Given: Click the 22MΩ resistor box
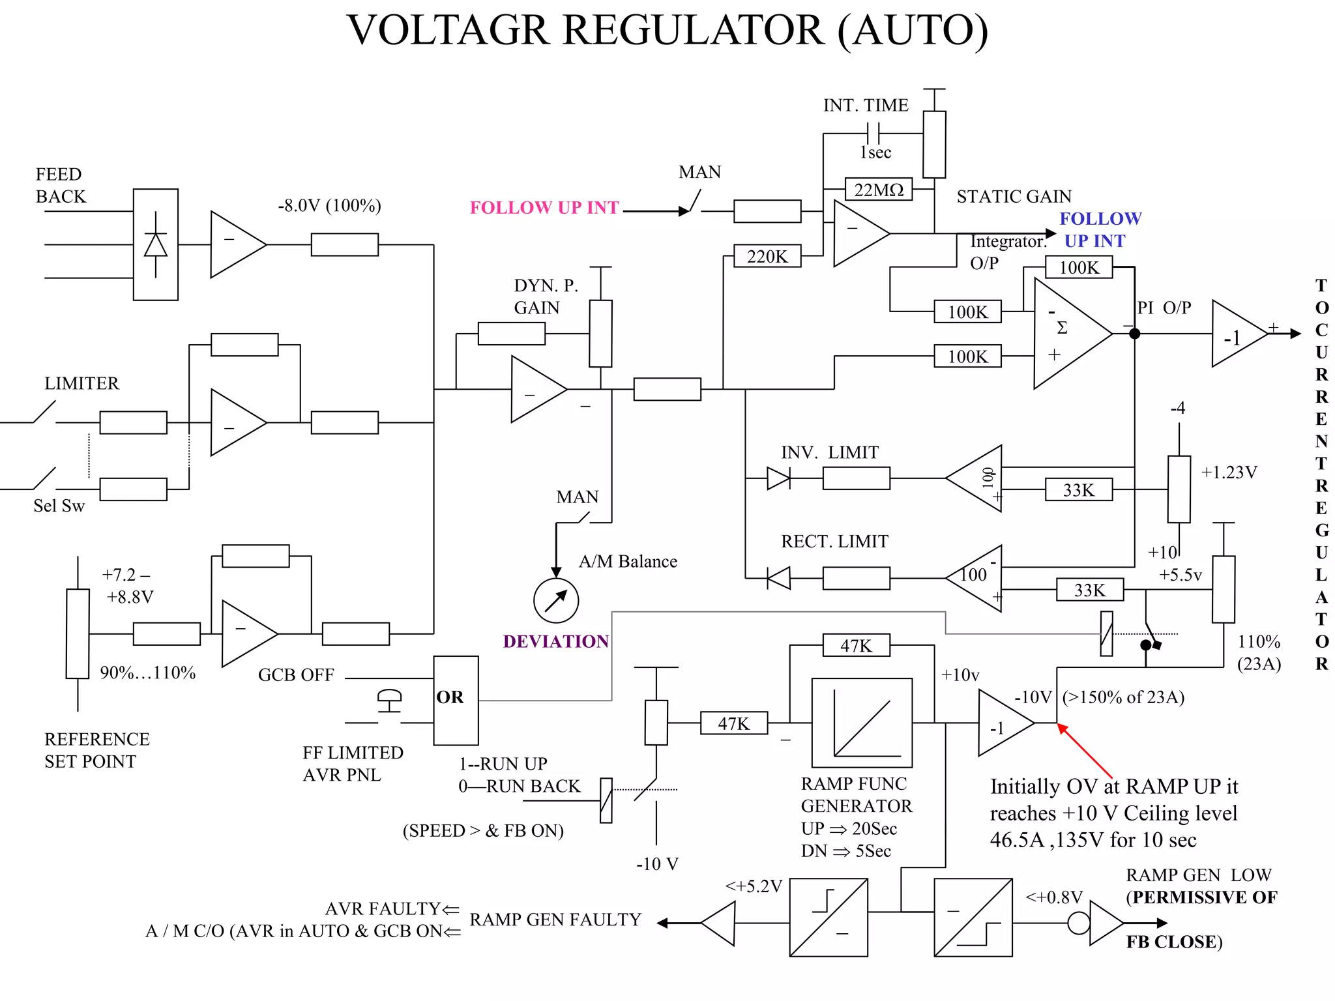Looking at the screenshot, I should pyautogui.click(x=878, y=189).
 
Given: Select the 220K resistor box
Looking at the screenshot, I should pyautogui.click(x=767, y=256).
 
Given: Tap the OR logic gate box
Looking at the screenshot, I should pyautogui.click(x=456, y=700).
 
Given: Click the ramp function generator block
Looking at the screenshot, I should pyautogui.click(x=861, y=723).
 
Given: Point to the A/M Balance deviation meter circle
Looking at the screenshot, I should pyautogui.click(x=555, y=600).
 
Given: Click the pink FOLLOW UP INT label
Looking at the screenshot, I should pyautogui.click(x=544, y=207).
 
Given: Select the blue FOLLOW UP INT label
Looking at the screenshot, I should pyautogui.click(x=1099, y=229).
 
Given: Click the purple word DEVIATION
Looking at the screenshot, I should pyautogui.click(x=555, y=641).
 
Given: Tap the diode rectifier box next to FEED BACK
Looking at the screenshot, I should pyautogui.click(x=155, y=244).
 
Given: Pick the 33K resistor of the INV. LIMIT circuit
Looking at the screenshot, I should pyautogui.click(x=1078, y=489).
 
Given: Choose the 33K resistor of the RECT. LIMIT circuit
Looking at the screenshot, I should pyautogui.click(x=1089, y=590).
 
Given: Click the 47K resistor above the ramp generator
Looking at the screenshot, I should pyautogui.click(x=855, y=645).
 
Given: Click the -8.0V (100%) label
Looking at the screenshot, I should pyautogui.click(x=329, y=205).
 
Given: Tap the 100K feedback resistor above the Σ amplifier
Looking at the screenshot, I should pyautogui.click(x=1078, y=267).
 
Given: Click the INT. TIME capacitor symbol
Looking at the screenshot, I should pyautogui.click(x=873, y=134).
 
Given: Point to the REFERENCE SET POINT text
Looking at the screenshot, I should pyautogui.click(x=96, y=750).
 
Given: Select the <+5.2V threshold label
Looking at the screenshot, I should pyautogui.click(x=753, y=886).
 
